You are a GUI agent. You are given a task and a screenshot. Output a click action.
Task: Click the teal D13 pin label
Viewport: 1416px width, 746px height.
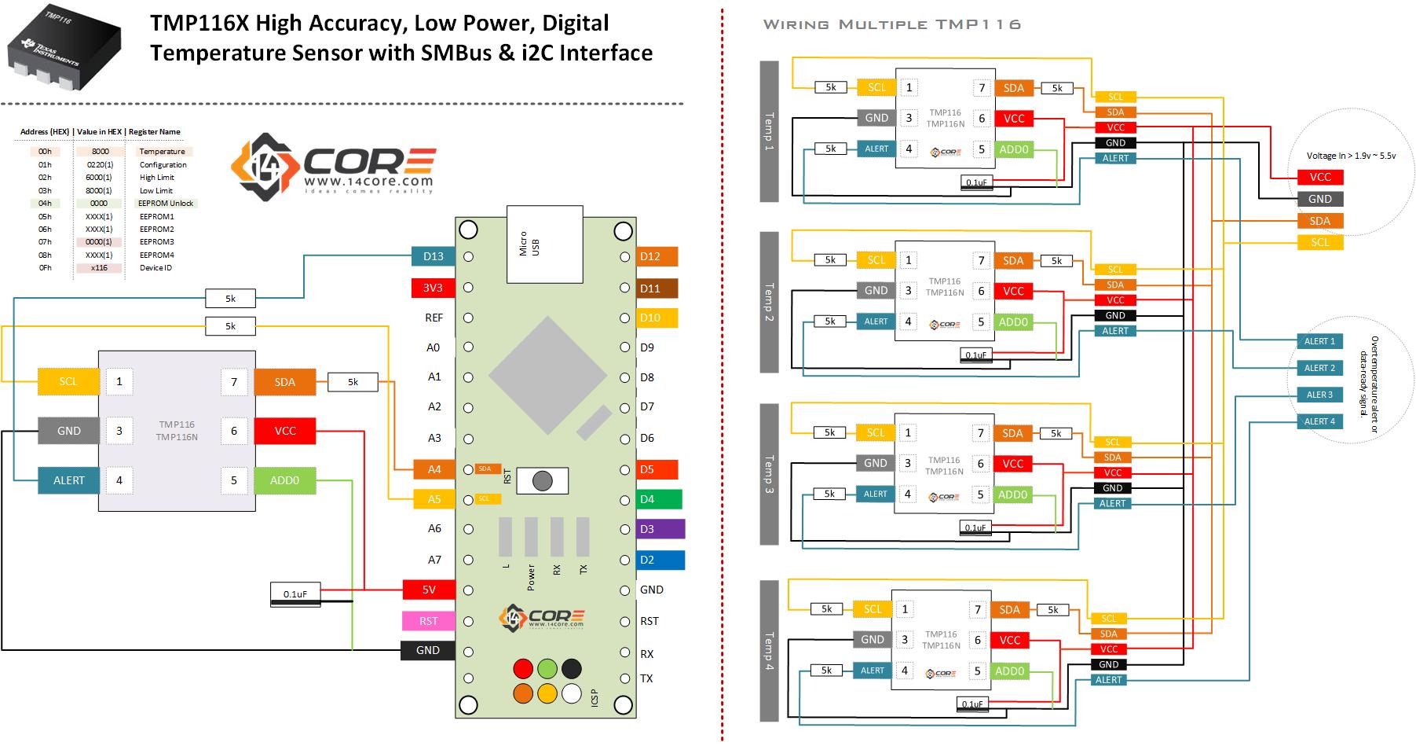click(x=433, y=256)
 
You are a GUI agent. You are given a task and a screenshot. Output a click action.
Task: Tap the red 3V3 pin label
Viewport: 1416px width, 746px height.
click(x=433, y=288)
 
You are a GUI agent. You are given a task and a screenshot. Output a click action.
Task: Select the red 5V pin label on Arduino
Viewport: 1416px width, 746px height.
click(x=429, y=590)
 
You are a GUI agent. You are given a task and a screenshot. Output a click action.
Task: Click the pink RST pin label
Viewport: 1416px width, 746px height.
click(x=428, y=621)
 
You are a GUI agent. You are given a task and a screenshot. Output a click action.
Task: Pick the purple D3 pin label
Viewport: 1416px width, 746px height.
click(x=660, y=529)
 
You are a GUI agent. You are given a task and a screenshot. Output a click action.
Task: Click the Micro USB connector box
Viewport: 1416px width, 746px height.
click(x=544, y=244)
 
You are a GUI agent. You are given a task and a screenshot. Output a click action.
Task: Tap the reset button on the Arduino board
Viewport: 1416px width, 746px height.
click(x=542, y=480)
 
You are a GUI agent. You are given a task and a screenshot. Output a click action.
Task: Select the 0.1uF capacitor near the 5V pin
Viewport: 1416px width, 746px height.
click(x=295, y=594)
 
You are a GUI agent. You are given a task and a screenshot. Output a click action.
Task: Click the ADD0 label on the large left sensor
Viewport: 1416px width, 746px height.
click(x=284, y=480)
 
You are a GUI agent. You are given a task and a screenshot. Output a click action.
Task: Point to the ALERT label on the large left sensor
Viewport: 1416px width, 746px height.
click(x=69, y=480)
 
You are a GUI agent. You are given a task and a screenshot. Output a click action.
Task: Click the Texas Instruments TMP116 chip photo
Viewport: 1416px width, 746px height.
click(x=63, y=49)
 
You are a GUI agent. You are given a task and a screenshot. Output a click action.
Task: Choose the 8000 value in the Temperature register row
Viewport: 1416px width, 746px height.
click(x=100, y=152)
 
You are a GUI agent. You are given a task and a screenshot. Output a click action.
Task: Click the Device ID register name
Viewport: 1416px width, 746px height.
click(x=156, y=268)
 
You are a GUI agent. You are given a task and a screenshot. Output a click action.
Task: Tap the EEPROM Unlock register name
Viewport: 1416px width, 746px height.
click(x=166, y=204)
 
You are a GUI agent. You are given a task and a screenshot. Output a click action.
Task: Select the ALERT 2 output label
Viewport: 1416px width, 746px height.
click(x=1319, y=368)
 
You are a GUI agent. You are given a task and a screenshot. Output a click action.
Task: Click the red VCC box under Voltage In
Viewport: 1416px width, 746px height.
click(x=1320, y=177)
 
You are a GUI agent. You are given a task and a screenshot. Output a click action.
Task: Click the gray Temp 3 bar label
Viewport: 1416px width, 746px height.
click(x=769, y=474)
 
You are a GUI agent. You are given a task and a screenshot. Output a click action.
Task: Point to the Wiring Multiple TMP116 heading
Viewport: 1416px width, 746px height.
click(x=892, y=24)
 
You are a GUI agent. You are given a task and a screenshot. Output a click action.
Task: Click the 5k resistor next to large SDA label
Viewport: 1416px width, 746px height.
click(x=353, y=382)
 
